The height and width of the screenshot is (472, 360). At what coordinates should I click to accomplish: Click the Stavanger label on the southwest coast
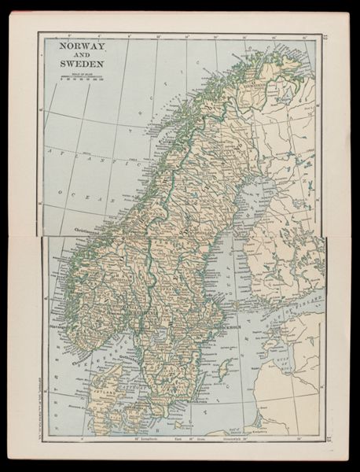coord(57,322)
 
